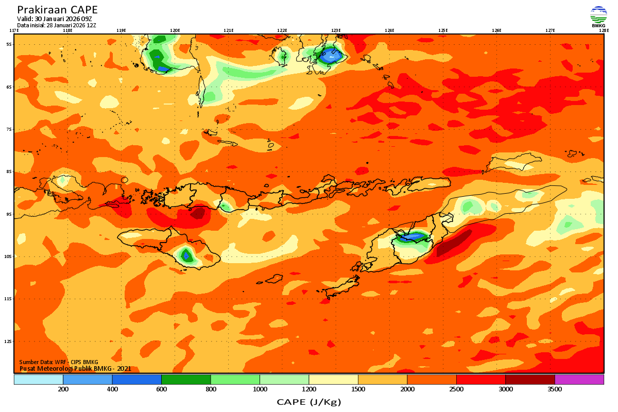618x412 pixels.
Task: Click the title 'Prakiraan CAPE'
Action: coord(57,10)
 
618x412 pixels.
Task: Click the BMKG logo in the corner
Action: coord(598,16)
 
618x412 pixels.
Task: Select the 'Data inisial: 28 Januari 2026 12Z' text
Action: coord(57,25)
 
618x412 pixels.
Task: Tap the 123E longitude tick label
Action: coord(336,30)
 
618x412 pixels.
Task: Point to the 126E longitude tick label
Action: coord(496,30)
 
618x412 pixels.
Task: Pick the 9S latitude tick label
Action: coord(9,214)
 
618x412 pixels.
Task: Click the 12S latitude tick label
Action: coord(9,341)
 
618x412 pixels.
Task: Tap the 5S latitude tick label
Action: coord(9,44)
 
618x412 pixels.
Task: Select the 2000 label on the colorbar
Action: coord(407,389)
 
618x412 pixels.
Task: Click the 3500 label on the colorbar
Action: coord(555,389)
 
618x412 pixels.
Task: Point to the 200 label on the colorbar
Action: coord(63,389)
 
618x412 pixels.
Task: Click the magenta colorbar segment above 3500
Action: coord(579,380)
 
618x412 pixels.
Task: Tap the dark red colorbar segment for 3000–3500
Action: coord(530,380)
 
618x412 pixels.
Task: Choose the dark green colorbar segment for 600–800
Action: coord(186,380)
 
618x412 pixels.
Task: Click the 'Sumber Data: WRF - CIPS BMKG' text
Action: coord(59,362)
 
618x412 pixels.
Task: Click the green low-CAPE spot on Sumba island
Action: coord(186,255)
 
